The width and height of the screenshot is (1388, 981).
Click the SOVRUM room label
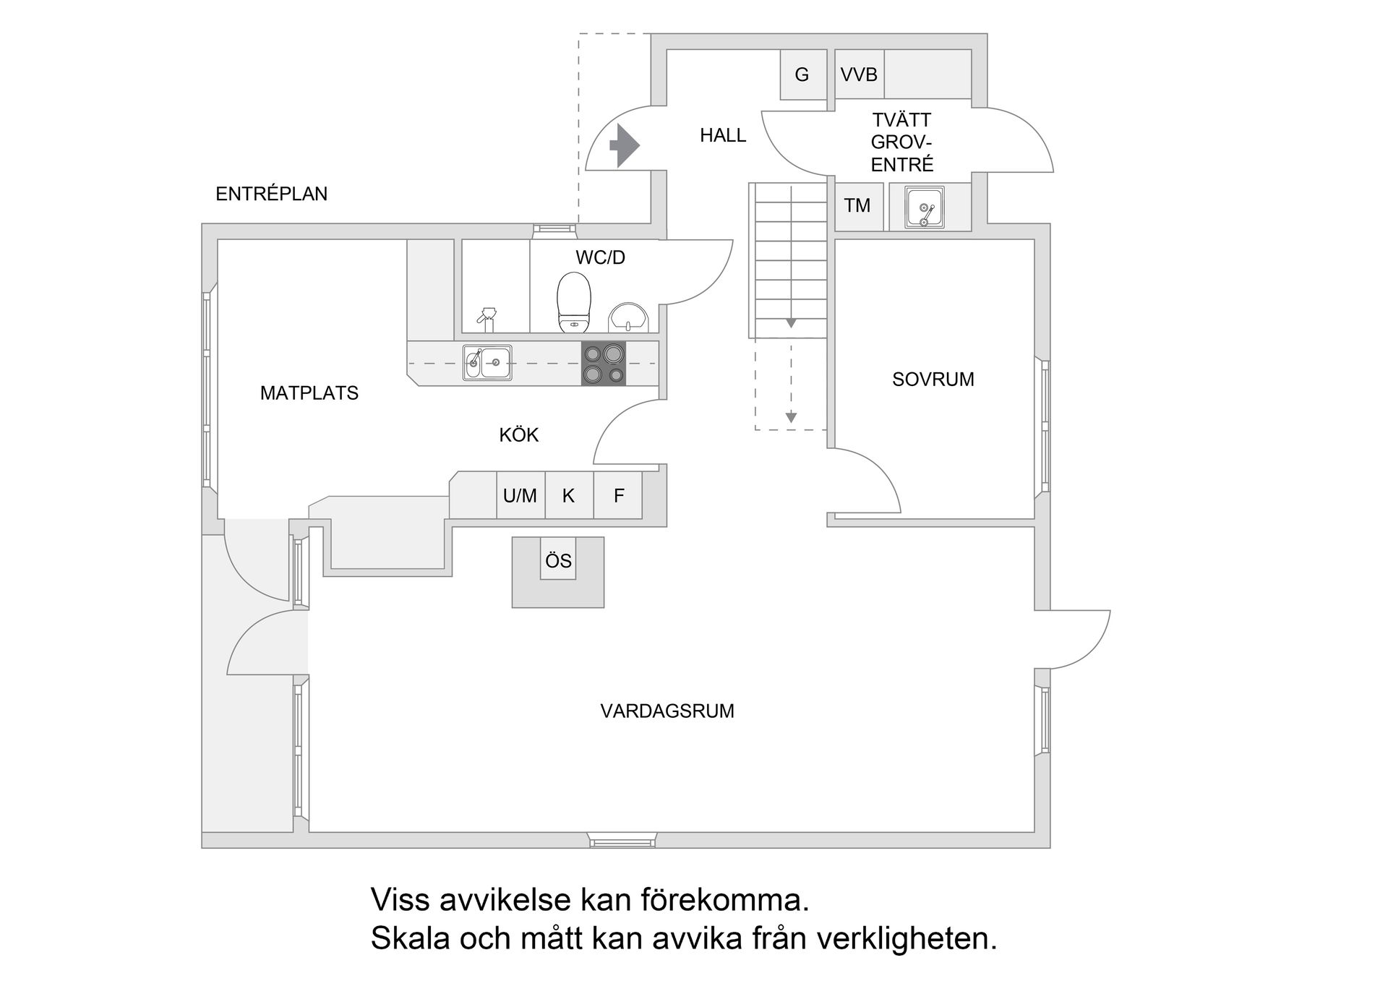[933, 380]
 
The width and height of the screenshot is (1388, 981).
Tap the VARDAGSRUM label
[667, 711]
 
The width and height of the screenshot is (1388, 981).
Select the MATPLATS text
[309, 393]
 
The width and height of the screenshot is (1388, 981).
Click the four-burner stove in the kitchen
[604, 363]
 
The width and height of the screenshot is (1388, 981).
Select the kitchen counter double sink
[487, 363]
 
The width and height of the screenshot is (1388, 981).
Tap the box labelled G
[802, 74]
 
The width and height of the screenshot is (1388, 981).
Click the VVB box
[859, 74]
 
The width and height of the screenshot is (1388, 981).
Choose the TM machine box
[858, 206]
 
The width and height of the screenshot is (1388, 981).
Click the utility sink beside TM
[925, 207]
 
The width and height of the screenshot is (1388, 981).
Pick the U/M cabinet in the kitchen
[520, 495]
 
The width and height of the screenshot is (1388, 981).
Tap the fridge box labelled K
[569, 495]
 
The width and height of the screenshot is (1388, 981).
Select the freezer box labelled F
[618, 495]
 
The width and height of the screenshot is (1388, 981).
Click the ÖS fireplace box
[558, 560]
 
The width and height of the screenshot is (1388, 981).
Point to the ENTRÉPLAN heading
[271, 194]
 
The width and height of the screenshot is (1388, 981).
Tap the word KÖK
[518, 435]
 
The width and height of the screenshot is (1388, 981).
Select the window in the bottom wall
[622, 841]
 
